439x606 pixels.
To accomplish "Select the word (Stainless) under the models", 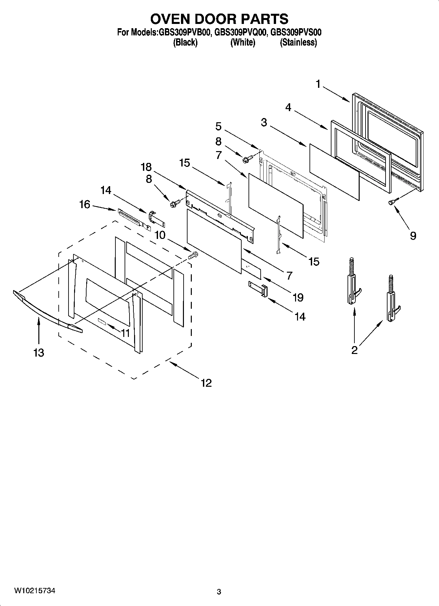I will pyautogui.click(x=298, y=42).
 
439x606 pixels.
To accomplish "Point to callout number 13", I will pyautogui.click(x=38, y=353).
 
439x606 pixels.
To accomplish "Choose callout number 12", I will pyautogui.click(x=206, y=382).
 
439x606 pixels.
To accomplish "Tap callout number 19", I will pyautogui.click(x=298, y=297).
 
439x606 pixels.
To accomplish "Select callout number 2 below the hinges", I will pyautogui.click(x=354, y=350).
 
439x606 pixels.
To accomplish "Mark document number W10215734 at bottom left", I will pyautogui.click(x=34, y=591).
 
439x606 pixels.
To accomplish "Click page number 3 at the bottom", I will pyautogui.click(x=219, y=592).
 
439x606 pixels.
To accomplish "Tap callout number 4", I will pyautogui.click(x=288, y=107).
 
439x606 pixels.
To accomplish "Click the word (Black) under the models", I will pyautogui.click(x=185, y=42).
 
